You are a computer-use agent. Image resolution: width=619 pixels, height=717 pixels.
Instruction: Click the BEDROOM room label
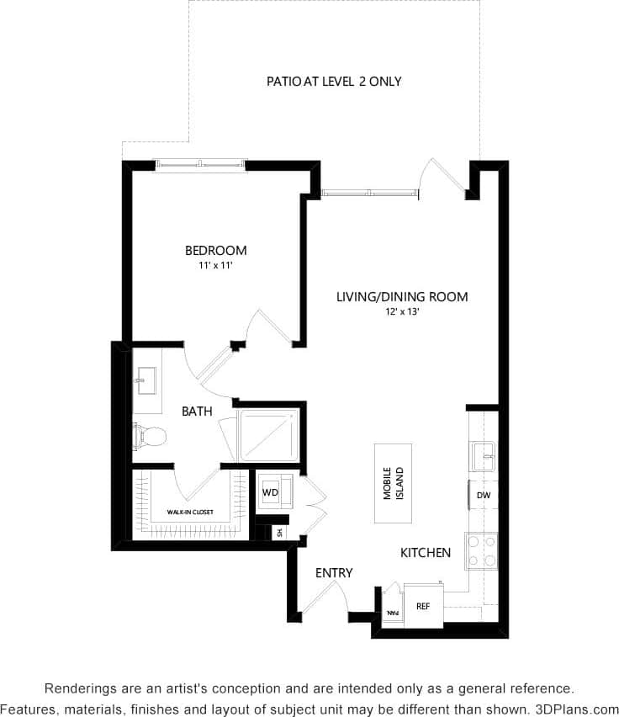click(216, 250)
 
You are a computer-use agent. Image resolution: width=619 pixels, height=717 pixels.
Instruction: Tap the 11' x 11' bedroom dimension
click(216, 266)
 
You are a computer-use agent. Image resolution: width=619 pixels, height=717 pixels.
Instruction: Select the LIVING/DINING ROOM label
click(402, 297)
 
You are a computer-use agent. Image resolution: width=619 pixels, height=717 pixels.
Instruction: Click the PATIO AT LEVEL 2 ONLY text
click(334, 82)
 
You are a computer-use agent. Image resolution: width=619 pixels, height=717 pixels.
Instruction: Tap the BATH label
click(197, 412)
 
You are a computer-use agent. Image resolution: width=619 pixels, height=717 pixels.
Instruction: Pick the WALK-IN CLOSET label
click(189, 512)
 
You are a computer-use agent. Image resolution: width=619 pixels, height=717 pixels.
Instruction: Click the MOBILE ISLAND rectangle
click(393, 484)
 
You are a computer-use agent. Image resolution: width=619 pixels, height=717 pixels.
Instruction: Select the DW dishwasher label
click(483, 496)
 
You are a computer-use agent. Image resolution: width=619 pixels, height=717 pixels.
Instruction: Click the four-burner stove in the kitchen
click(481, 551)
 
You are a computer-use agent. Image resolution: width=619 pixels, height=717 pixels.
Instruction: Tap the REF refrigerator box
click(423, 605)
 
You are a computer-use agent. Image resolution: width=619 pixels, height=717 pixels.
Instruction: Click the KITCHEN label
click(425, 553)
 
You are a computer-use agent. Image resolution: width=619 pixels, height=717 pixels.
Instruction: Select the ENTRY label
click(334, 573)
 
